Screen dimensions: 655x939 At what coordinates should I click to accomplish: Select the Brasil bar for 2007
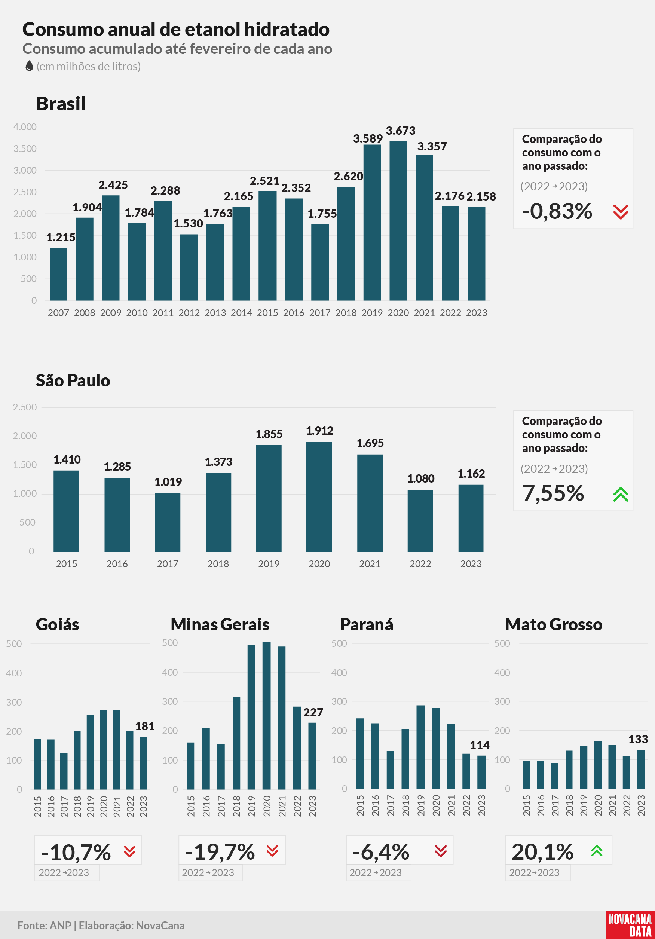[58, 274]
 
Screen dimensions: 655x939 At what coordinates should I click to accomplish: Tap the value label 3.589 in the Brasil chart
[368, 139]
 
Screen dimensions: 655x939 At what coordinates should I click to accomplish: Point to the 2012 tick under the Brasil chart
[189, 313]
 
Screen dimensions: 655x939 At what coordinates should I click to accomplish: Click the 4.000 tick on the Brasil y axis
[25, 127]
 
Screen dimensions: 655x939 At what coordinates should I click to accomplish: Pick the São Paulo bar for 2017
[168, 522]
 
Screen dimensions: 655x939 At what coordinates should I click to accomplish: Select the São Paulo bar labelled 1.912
[319, 496]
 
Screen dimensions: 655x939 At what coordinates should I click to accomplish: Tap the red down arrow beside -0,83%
[621, 212]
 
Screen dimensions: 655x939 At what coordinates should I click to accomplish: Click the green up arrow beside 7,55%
[621, 494]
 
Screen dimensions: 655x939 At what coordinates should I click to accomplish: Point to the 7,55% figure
[553, 493]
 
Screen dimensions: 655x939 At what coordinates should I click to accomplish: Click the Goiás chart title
[58, 624]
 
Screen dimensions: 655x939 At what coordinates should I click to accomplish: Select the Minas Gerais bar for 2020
[267, 715]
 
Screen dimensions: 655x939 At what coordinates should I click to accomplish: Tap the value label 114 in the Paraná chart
[480, 745]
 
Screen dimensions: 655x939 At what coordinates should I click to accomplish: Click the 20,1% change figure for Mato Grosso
[542, 852]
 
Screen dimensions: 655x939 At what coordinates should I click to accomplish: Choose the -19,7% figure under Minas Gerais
[220, 852]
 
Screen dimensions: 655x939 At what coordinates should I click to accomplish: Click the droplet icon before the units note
[29, 66]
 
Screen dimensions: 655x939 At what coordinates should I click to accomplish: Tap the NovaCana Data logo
[630, 925]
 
